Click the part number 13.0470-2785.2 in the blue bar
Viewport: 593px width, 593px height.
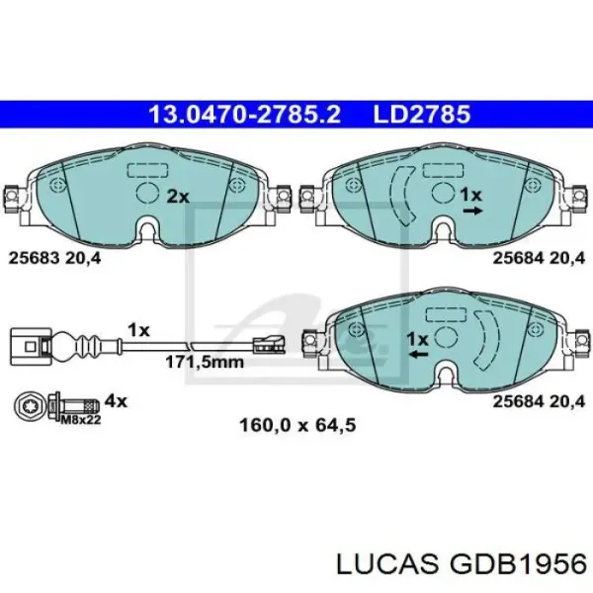[245, 115]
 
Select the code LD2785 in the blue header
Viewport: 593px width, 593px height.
[422, 115]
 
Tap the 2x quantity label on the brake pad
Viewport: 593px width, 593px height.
[178, 197]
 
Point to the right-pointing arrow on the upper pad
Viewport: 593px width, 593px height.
[472, 212]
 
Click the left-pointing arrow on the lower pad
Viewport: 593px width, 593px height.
[418, 355]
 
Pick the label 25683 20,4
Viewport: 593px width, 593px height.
[54, 258]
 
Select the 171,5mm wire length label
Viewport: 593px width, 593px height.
[205, 363]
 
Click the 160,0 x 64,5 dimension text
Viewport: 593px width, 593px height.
[297, 425]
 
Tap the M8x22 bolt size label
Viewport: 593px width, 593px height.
[81, 420]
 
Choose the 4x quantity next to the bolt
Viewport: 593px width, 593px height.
[116, 400]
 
